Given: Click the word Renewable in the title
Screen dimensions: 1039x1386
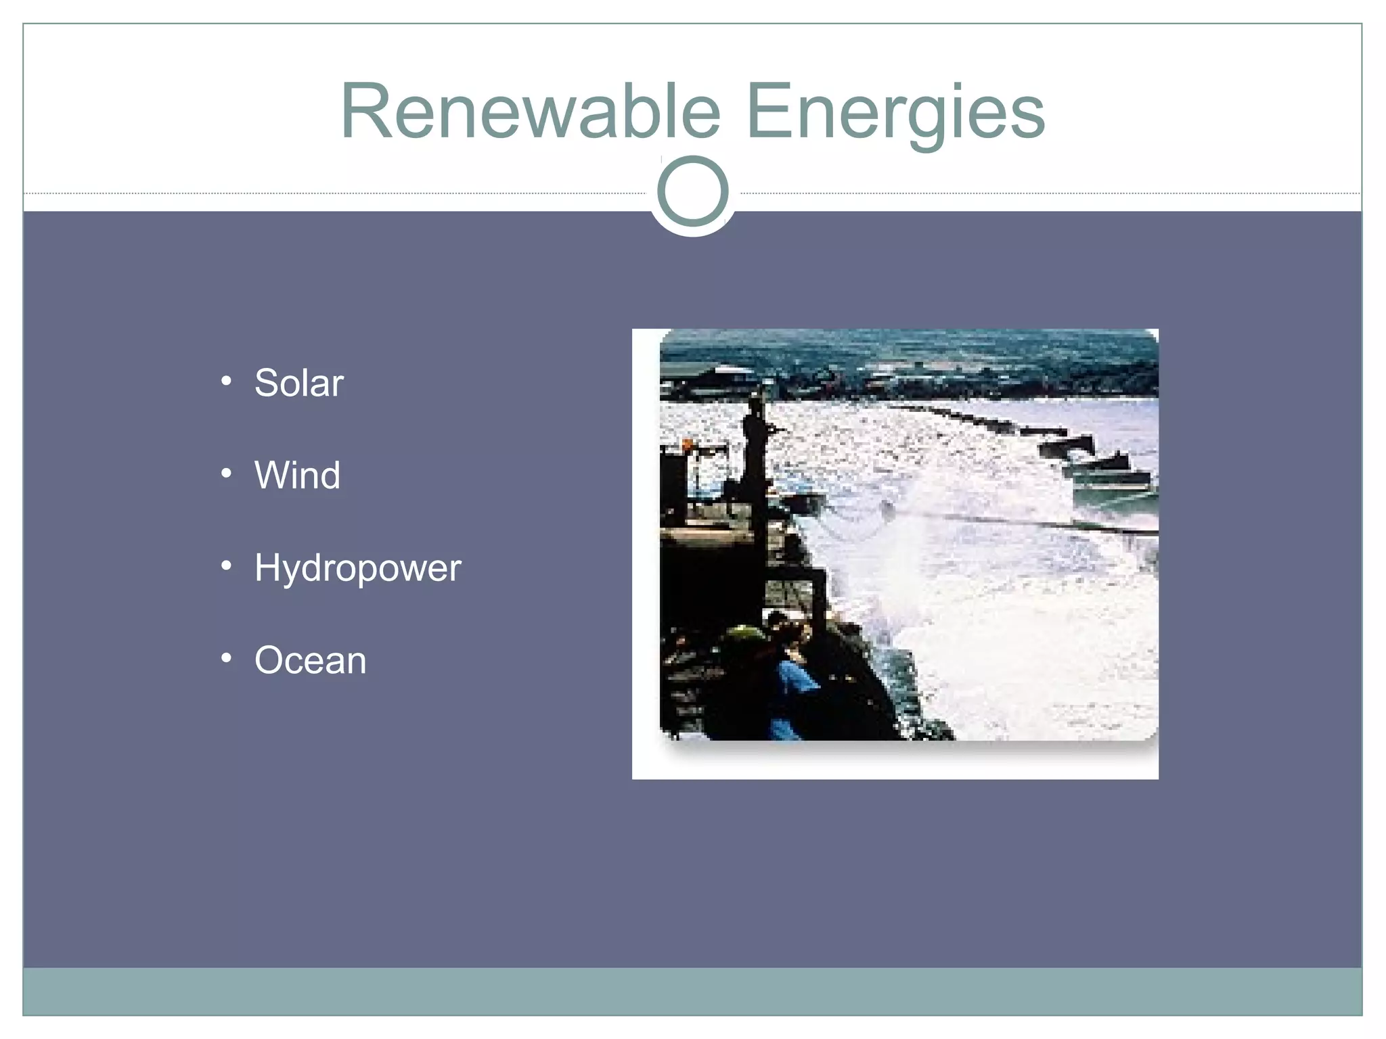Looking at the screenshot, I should (531, 111).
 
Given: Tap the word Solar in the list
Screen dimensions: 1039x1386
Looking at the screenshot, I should (298, 383).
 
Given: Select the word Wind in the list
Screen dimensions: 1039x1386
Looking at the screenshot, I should (297, 475).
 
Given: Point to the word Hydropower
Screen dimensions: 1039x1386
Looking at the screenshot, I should (357, 568).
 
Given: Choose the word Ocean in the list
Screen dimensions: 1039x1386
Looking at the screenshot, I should (310, 660).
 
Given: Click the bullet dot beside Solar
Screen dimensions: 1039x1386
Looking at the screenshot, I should (227, 381).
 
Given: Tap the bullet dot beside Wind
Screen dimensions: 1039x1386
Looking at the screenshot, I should (227, 473).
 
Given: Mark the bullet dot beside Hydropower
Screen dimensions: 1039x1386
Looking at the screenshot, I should (227, 565).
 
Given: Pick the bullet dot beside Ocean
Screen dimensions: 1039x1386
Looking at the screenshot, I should (227, 657).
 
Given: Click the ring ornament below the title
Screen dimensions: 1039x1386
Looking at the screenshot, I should (692, 191).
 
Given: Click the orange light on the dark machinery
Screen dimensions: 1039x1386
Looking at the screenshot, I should (688, 444).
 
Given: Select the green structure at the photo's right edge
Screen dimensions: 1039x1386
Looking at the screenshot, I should (1117, 497).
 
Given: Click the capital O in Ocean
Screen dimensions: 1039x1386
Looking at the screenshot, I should (270, 660).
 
